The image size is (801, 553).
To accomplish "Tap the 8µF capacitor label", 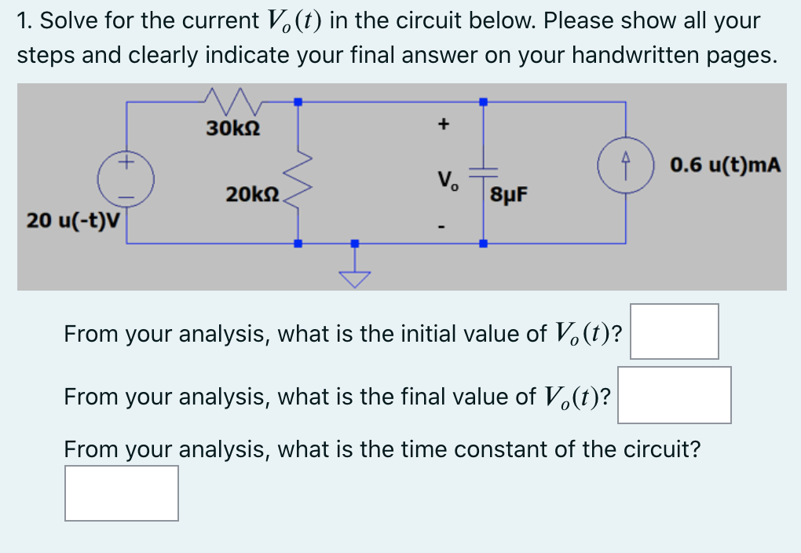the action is pos(510,194).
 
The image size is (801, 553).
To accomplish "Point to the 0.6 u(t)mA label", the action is pos(726,165).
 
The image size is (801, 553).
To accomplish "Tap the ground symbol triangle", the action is pos(354,279).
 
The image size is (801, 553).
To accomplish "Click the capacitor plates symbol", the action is pos(482,172).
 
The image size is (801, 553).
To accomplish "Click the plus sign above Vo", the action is pos(444,123).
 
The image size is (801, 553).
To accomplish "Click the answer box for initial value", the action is pos(674,331).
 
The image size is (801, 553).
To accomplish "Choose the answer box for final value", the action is pos(674,395).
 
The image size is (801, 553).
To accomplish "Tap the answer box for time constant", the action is pos(122,493).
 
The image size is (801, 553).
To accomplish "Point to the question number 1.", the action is pos(23,20).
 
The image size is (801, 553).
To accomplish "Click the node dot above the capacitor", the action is pos(483,101).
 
